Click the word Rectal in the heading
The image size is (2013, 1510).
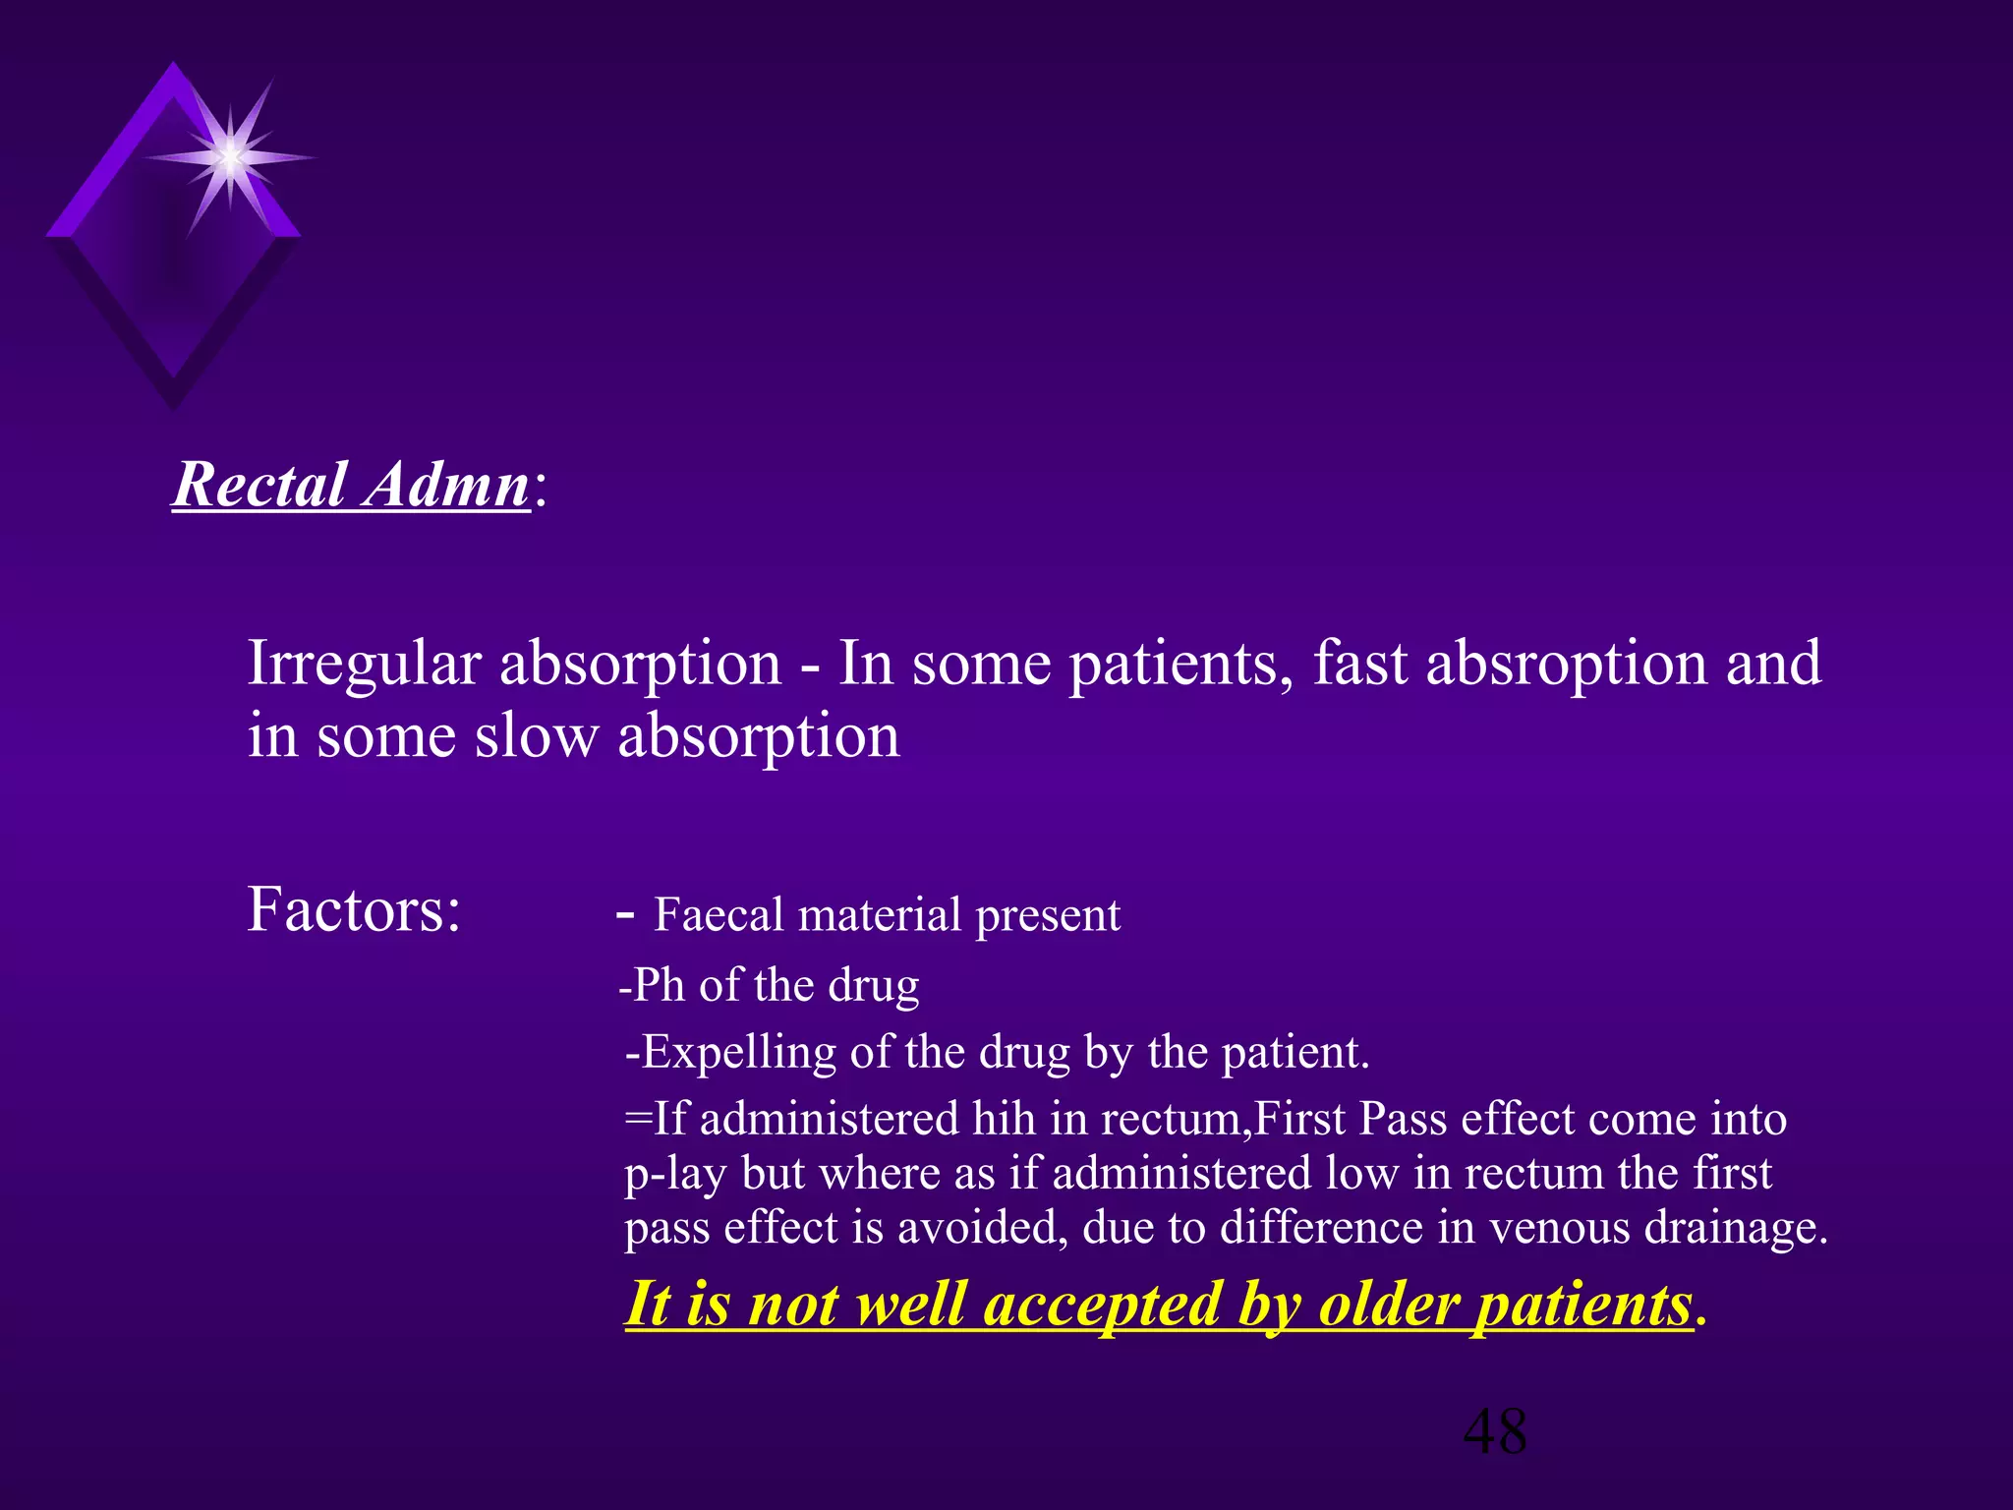tap(260, 485)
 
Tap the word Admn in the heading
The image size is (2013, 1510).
tap(447, 485)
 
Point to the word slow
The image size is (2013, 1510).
tap(537, 736)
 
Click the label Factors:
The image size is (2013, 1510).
tap(354, 909)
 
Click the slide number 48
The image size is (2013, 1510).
tap(1495, 1431)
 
